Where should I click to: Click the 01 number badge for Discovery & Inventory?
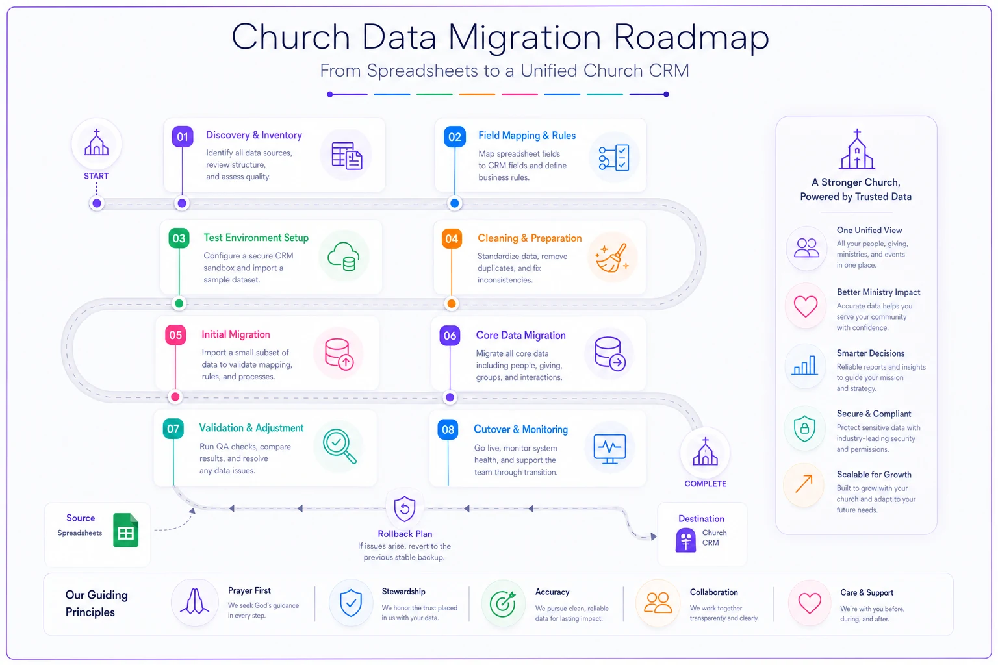pyautogui.click(x=182, y=136)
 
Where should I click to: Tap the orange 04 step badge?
pyautogui.click(x=452, y=239)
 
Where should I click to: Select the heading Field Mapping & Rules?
pyautogui.click(x=527, y=136)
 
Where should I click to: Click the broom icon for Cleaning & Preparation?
pyautogui.click(x=613, y=257)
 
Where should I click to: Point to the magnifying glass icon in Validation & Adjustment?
pyautogui.click(x=340, y=446)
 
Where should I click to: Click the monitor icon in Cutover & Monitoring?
pyautogui.click(x=609, y=449)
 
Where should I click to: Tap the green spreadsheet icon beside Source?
pyautogui.click(x=125, y=530)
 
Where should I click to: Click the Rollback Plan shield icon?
pyautogui.click(x=405, y=508)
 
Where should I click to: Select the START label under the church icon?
pyautogui.click(x=96, y=176)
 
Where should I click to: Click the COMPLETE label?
pyautogui.click(x=705, y=484)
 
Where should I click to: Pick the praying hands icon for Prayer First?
pyautogui.click(x=194, y=602)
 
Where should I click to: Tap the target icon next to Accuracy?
pyautogui.click(x=502, y=604)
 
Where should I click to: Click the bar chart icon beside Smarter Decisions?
pyautogui.click(x=804, y=366)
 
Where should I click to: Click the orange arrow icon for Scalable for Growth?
pyautogui.click(x=804, y=484)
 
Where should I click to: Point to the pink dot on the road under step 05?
pyautogui.click(x=175, y=397)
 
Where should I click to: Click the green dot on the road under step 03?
pyautogui.click(x=179, y=304)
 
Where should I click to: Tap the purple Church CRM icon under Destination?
pyautogui.click(x=685, y=540)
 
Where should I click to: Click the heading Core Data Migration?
pyautogui.click(x=520, y=335)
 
